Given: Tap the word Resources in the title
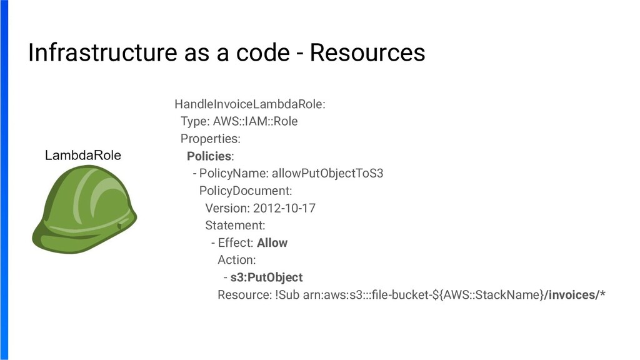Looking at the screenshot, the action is click(367, 54).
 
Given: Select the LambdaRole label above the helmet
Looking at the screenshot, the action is click(83, 156).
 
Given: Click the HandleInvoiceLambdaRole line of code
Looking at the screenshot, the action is click(250, 104).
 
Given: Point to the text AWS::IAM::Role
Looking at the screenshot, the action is click(256, 121).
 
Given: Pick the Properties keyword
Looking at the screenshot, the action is click(210, 138).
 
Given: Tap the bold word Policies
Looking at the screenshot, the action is click(209, 156).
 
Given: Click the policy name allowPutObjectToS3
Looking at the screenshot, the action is click(327, 173).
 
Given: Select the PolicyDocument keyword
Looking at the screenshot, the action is click(246, 191).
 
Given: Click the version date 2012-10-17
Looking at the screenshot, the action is click(284, 208).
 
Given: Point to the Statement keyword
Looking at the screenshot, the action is click(235, 225).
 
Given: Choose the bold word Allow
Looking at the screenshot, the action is click(272, 242).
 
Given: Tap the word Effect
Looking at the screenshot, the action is click(236, 242).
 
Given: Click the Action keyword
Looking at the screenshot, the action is click(237, 260).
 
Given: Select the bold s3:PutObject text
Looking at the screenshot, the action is click(266, 277).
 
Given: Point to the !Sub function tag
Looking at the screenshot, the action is click(287, 295).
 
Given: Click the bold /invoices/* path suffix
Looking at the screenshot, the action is click(574, 295).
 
